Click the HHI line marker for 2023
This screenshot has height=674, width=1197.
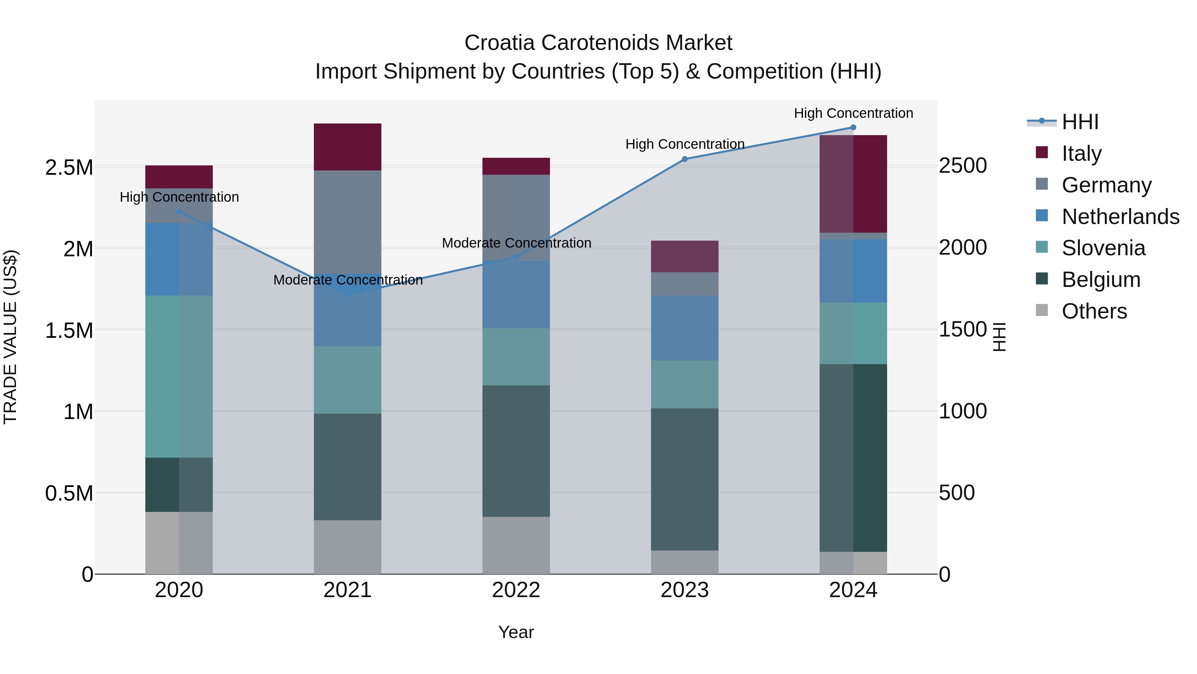click(685, 159)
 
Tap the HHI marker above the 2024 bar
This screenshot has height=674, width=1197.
click(853, 127)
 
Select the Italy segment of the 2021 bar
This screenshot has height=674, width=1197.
click(347, 147)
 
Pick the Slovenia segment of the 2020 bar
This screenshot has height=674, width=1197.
click(179, 376)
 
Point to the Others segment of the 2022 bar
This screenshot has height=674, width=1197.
click(516, 545)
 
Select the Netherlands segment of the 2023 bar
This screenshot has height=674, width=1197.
click(685, 328)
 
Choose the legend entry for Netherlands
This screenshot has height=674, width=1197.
click(1120, 217)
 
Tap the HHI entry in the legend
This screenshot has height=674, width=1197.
click(1080, 122)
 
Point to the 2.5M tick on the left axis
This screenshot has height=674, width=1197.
click(69, 167)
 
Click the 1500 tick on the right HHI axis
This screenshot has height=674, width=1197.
click(963, 329)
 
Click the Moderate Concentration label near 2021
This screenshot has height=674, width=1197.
click(347, 280)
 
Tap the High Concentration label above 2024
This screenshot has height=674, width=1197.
click(853, 113)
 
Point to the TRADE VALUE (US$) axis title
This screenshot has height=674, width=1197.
click(10, 337)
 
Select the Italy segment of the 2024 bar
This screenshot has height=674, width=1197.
click(853, 184)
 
